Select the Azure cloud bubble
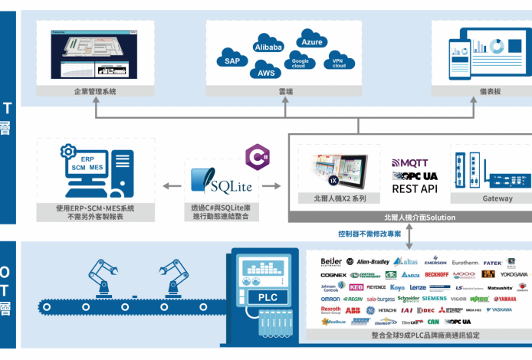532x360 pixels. pyautogui.click(x=311, y=42)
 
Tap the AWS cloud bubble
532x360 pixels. pyautogui.click(x=266, y=74)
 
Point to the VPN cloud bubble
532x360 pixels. pyautogui.click(x=338, y=63)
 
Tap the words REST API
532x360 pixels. pyautogui.click(x=415, y=188)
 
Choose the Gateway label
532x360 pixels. pyautogui.click(x=497, y=198)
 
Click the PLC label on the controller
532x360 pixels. pyautogui.click(x=268, y=297)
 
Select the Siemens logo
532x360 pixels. pyautogui.click(x=434, y=298)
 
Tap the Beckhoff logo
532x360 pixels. pyautogui.click(x=436, y=273)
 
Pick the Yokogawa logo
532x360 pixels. pyautogui.click(x=514, y=273)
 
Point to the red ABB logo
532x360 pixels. pyautogui.click(x=352, y=310)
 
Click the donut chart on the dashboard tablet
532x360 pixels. pyautogui.click(x=496, y=47)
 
